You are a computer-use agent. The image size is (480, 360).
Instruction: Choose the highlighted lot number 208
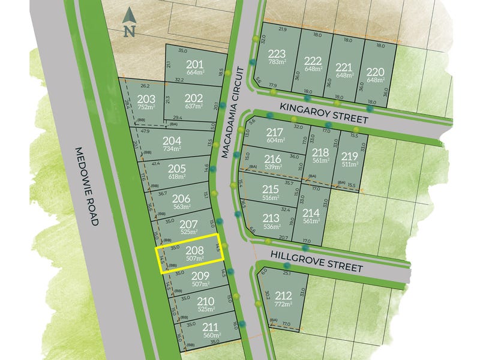click(x=194, y=251)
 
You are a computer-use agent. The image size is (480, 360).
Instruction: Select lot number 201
click(x=194, y=65)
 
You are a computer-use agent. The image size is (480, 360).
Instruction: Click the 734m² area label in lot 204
click(x=172, y=149)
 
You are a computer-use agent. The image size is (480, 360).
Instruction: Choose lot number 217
click(x=275, y=132)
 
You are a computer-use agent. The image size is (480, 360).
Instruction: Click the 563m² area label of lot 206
click(x=181, y=208)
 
